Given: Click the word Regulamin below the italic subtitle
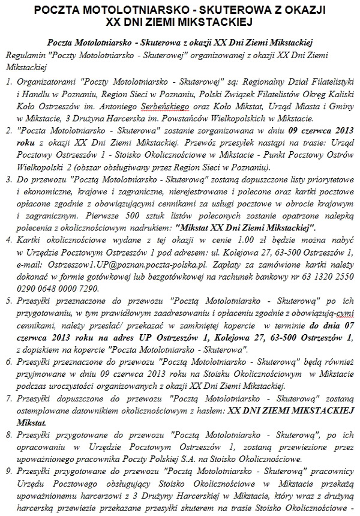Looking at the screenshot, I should pos(23,54).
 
